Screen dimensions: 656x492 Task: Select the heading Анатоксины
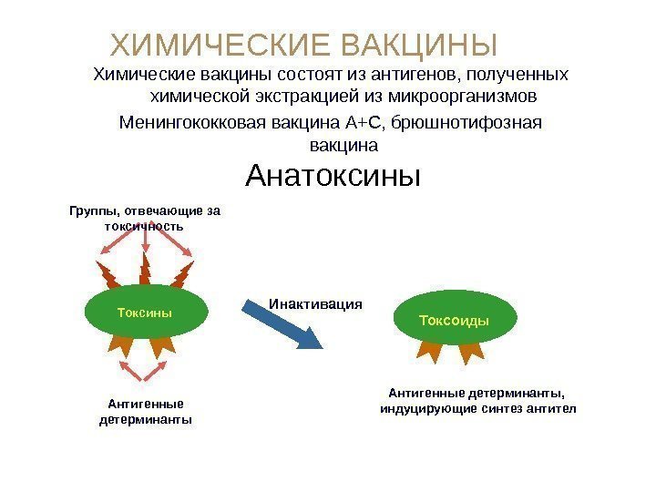334,174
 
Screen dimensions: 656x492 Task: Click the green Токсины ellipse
145,313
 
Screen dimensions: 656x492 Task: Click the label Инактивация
315,303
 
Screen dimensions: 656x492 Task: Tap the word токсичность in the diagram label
145,226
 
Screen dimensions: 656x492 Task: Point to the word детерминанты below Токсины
145,421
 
